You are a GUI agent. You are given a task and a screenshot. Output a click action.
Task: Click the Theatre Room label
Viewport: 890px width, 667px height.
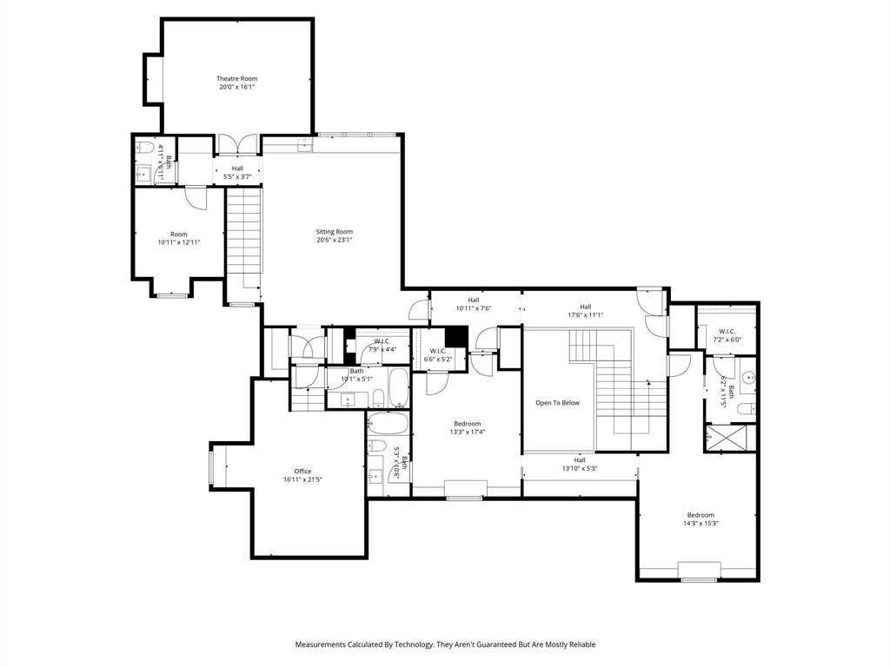tap(236, 79)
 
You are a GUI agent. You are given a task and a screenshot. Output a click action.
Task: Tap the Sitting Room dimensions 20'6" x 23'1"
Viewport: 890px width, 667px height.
tap(334, 241)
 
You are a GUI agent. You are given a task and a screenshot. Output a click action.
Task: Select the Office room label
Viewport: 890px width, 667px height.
tap(302, 472)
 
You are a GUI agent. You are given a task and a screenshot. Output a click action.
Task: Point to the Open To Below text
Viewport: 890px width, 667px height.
tap(557, 403)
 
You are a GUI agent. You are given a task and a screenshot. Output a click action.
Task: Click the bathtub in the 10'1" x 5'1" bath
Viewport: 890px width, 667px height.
tap(398, 388)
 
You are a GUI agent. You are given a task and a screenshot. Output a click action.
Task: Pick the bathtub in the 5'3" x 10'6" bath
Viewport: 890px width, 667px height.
tap(385, 424)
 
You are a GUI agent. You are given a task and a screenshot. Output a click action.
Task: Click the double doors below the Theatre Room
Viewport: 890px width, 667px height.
tap(237, 146)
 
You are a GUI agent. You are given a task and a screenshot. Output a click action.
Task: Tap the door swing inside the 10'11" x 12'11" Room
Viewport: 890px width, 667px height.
tap(196, 199)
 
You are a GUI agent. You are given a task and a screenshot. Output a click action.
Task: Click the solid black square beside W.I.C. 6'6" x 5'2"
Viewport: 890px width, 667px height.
tap(456, 337)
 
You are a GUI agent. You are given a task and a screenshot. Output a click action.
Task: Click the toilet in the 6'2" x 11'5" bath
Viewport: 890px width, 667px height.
tap(746, 408)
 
